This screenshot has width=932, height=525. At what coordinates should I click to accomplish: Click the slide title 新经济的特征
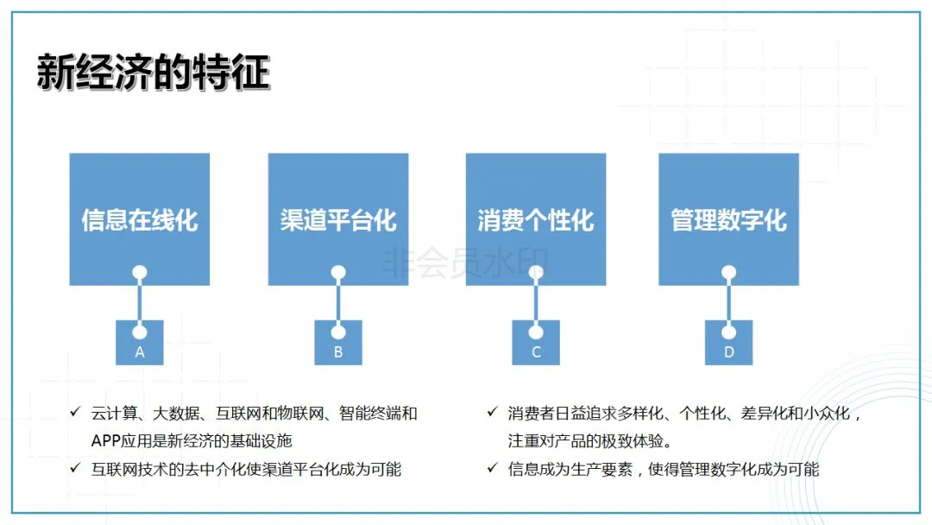tap(153, 73)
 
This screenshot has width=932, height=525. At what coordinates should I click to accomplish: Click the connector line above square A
tap(140, 302)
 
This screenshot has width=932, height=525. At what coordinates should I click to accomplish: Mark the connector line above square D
tap(728, 302)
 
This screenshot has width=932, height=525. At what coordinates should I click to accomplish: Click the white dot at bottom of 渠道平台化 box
tap(338, 273)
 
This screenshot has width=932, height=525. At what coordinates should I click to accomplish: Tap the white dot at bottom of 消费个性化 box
tap(536, 273)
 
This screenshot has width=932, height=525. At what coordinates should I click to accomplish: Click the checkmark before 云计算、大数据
tap(75, 413)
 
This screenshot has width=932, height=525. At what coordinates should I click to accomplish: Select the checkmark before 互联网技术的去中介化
tap(75, 469)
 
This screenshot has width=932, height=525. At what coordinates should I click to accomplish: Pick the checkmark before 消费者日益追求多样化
tap(492, 413)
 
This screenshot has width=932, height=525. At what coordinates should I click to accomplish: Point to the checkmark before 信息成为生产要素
tap(492, 469)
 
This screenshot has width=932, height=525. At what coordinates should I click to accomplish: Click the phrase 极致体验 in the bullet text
tap(638, 441)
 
